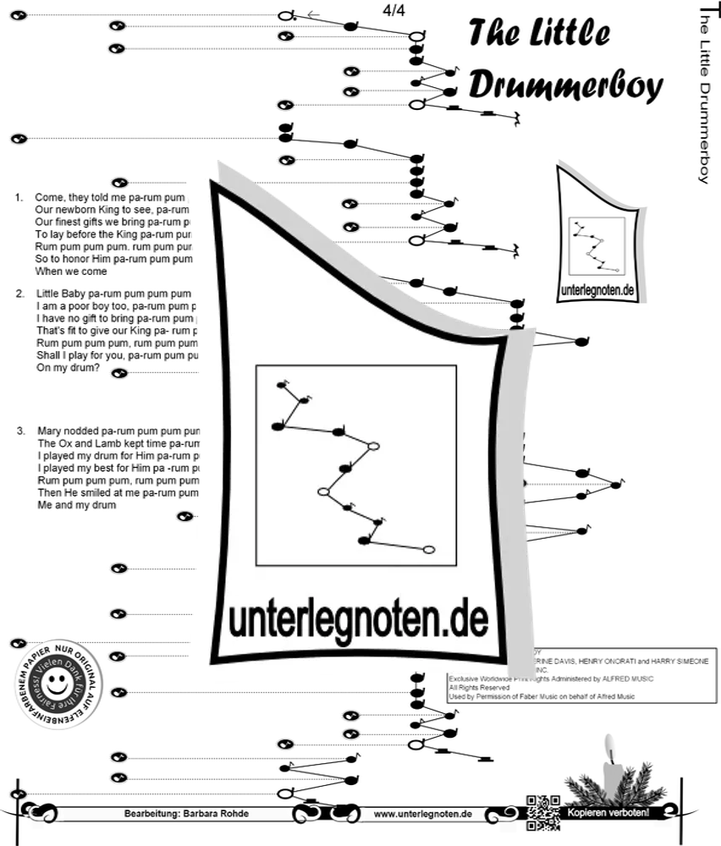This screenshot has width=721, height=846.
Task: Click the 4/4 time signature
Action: pos(394,11)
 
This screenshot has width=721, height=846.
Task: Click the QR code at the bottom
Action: pos(543,813)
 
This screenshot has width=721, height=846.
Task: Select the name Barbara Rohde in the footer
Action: pos(219,814)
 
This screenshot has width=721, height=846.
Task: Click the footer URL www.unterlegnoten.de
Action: pos(422,814)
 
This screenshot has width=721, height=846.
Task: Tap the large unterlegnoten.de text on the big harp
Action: pos(358,620)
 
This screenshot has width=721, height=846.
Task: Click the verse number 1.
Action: pos(19,197)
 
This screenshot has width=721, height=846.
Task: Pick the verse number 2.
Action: pos(19,294)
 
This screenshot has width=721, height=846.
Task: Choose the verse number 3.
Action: pos(20,431)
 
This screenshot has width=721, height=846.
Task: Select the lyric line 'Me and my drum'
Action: pos(76,505)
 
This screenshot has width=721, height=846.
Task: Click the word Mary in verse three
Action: pos(51,431)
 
